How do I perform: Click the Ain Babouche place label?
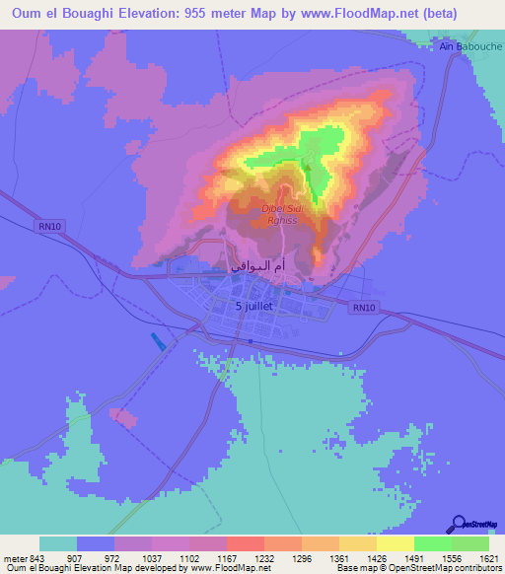pos(470,45)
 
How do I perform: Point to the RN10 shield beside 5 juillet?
pos(364,308)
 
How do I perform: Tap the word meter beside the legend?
pos(15,558)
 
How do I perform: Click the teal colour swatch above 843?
pos(58,543)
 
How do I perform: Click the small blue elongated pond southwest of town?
pos(159,342)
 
